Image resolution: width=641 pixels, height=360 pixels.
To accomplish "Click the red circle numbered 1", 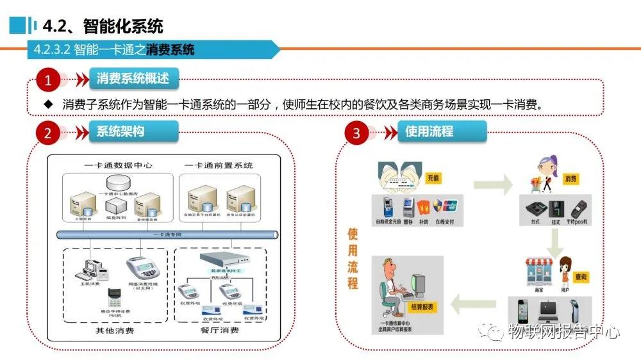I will (x=48, y=80).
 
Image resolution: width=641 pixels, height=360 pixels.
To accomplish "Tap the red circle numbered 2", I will (x=48, y=133).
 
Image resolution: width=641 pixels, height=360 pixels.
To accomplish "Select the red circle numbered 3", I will (x=357, y=133).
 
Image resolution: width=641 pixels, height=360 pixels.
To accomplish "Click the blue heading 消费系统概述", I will (x=133, y=79).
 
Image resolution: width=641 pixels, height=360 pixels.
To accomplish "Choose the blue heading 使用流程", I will (x=429, y=131).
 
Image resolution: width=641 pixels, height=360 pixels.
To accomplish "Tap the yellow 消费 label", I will (x=570, y=179).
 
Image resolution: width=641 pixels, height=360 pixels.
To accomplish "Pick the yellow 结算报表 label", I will (x=420, y=307).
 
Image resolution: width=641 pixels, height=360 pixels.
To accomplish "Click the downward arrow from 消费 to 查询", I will (x=555, y=241).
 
